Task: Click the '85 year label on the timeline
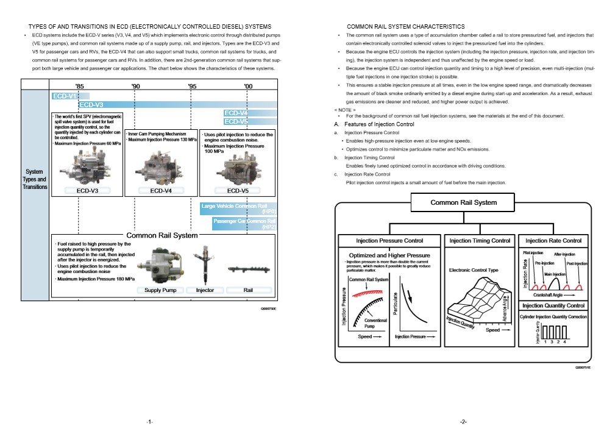[80, 87]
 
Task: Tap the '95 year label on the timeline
[193, 87]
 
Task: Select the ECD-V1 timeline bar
[65, 96]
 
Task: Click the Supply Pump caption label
[160, 290]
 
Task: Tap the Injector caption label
[205, 290]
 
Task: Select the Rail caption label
[248, 290]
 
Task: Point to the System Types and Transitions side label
[34, 179]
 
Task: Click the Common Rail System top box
[463, 202]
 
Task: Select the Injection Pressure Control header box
[389, 240]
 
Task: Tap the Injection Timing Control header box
[480, 240]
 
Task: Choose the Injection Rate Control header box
[553, 240]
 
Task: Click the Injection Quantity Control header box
[553, 305]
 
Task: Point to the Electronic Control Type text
[474, 269]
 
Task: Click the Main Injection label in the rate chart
[555, 275]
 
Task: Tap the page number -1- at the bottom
[149, 421]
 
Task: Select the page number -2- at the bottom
[464, 421]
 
